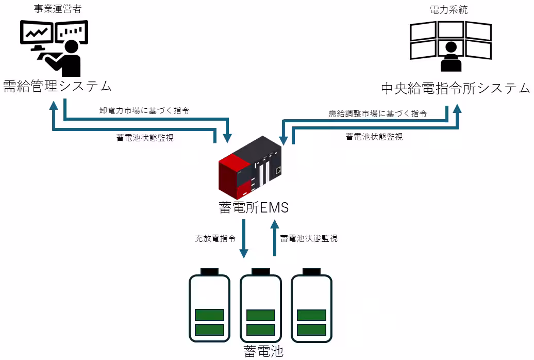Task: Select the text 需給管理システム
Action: (x=57, y=86)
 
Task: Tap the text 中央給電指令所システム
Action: (x=455, y=88)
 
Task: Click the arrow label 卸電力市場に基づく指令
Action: (x=144, y=110)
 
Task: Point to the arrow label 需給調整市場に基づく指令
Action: (x=377, y=114)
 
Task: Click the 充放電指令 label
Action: (x=215, y=239)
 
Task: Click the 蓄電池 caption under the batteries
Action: (x=263, y=352)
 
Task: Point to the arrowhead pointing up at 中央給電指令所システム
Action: (x=457, y=110)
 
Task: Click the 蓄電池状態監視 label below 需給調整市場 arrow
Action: (x=374, y=137)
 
